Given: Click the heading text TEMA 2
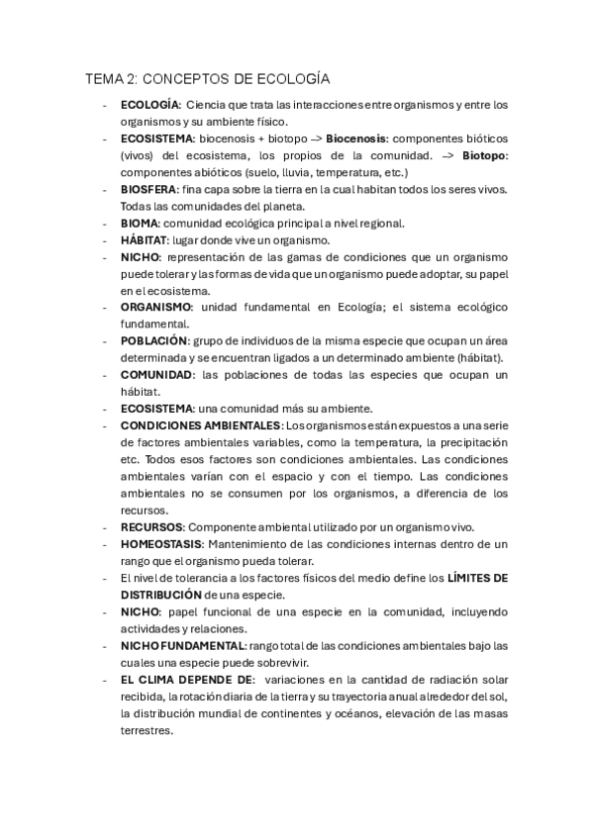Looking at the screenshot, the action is [112, 78].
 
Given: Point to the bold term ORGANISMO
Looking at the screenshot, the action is [156, 307].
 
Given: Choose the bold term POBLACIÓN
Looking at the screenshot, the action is [153, 340].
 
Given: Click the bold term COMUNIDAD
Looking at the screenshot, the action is [156, 375].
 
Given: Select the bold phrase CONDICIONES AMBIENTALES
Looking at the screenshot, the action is [202, 425].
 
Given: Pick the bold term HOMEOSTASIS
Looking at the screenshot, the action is [161, 544].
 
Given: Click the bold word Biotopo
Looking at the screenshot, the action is [483, 155].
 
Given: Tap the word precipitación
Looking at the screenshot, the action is [471, 442].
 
